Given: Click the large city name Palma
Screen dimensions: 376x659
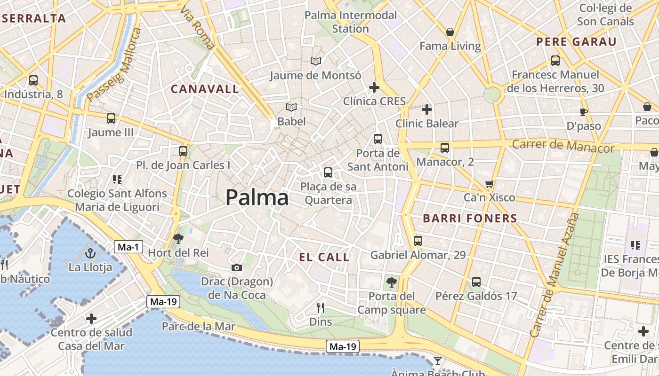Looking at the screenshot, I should tap(257, 198).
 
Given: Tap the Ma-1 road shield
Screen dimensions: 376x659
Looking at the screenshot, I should tap(128, 246).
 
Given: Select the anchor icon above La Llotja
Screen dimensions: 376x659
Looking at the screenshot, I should tap(90, 254).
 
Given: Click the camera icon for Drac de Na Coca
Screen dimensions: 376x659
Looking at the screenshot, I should tap(237, 268).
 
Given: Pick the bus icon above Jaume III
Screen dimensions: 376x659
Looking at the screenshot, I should tap(111, 118).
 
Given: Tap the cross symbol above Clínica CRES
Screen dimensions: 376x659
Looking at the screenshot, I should tap(374, 87).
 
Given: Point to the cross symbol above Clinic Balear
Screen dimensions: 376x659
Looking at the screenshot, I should tap(427, 110).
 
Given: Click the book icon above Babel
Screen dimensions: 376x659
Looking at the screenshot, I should tap(292, 108).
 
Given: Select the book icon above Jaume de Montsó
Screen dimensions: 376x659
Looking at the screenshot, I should tap(316, 61).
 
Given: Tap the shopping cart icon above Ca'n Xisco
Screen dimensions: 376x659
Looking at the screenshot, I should tap(490, 184).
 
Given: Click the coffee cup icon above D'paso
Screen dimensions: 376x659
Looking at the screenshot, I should tap(584, 112).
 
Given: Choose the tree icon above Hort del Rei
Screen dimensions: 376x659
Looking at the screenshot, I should tap(178, 239).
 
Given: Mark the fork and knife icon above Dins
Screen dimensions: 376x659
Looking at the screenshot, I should tap(321, 308).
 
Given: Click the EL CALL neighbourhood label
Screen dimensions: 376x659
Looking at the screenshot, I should tap(325, 257).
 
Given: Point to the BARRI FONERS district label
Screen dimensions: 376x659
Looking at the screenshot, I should tap(470, 219).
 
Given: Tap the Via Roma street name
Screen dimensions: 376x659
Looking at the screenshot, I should tap(197, 28).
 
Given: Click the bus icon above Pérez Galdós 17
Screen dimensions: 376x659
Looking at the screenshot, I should tap(476, 282).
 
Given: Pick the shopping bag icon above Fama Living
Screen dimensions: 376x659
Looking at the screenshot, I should tap(450, 32).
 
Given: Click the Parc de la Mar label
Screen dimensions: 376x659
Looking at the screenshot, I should tap(199, 326).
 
